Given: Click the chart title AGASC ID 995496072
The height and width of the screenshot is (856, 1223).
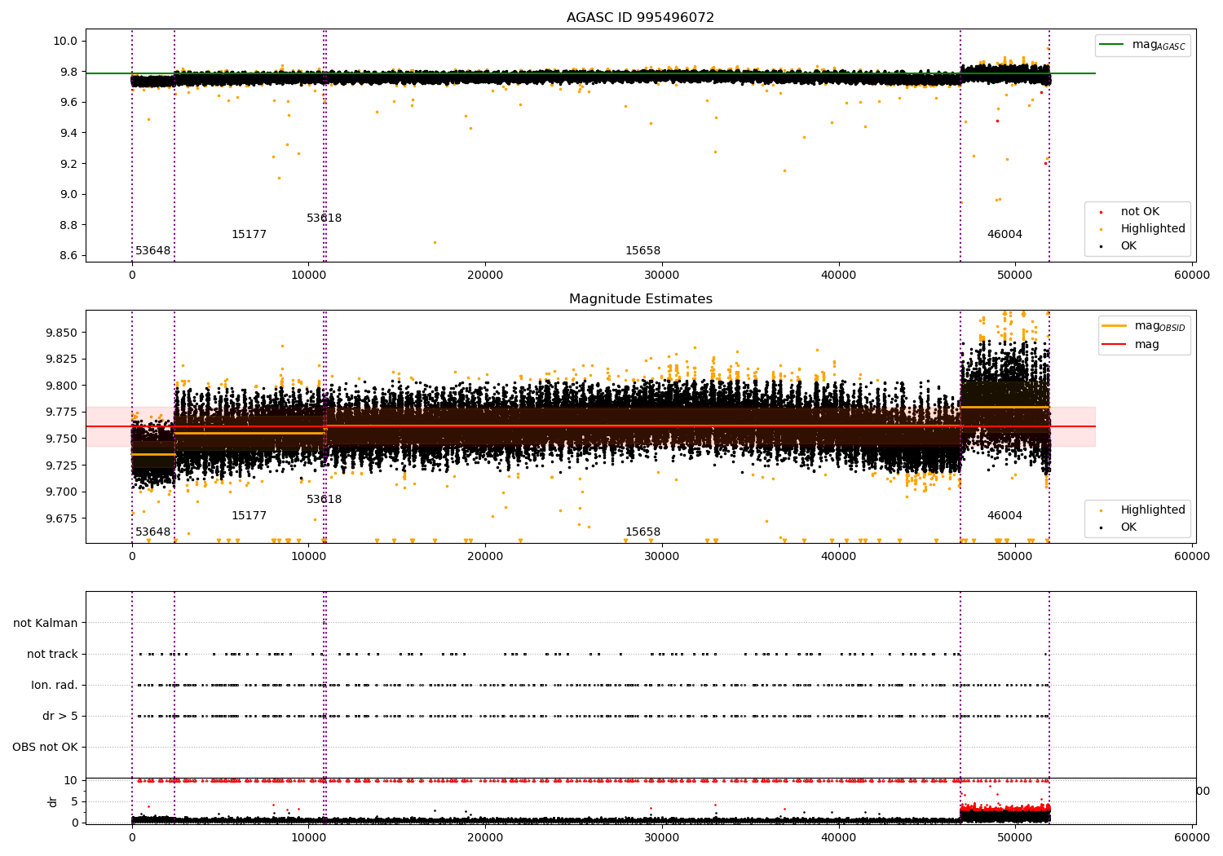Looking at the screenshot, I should click(x=640, y=18).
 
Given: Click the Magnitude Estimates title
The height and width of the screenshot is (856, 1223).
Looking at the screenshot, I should click(x=640, y=299).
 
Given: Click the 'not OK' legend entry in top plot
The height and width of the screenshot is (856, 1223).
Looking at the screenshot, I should click(x=1139, y=212).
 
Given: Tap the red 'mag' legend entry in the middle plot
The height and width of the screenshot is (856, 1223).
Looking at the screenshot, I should click(x=1146, y=345).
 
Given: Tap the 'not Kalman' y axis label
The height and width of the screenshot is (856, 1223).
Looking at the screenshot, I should click(x=46, y=624).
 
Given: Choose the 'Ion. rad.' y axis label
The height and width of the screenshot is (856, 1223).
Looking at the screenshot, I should click(x=55, y=686).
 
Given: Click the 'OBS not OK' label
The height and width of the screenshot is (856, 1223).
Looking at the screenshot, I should click(x=45, y=748).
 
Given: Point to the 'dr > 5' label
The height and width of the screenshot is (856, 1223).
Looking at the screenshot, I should click(x=60, y=717).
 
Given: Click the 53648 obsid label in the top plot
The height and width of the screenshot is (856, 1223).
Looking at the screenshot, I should click(x=152, y=251).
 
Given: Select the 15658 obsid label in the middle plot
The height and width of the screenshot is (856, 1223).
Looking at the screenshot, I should click(x=642, y=532).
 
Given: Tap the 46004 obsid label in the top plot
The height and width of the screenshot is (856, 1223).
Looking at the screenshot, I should click(x=1004, y=235).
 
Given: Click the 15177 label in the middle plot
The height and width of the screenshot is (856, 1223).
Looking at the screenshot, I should click(x=249, y=516).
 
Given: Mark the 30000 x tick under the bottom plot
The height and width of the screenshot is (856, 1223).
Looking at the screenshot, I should click(x=662, y=836).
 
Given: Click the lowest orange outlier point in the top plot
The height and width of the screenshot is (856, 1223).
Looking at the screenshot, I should click(x=435, y=242).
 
